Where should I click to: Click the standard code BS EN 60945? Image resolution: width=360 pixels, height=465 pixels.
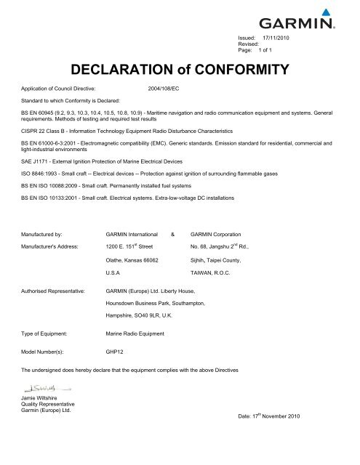tap(38, 113)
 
